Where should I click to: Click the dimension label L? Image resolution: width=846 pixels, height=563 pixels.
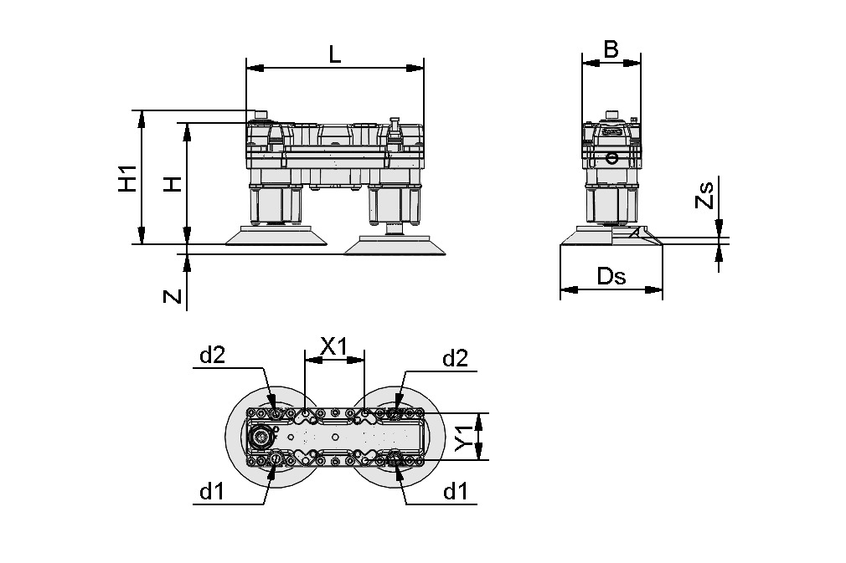(x=334, y=54)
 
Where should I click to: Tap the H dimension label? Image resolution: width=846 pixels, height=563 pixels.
(x=172, y=182)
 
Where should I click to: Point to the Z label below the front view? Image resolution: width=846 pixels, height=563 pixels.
(x=172, y=295)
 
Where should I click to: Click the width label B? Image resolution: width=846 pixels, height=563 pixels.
(x=611, y=49)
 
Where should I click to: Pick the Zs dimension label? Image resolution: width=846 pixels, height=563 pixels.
(x=706, y=195)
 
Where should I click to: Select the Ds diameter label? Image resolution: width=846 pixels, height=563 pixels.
(x=611, y=277)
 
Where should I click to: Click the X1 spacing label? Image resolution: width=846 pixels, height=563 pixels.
(x=334, y=346)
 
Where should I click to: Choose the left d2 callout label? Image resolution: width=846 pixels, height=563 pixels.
(x=212, y=356)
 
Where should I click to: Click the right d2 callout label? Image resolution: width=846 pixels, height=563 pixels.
(x=454, y=359)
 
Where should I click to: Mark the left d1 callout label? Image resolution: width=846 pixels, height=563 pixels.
(x=212, y=492)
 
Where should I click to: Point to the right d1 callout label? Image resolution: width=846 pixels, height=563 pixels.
(x=454, y=492)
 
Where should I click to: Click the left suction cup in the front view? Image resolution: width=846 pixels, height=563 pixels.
(x=276, y=238)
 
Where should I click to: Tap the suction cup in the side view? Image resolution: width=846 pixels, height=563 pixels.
(x=610, y=239)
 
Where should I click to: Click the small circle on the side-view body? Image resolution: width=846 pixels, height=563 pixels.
(x=612, y=157)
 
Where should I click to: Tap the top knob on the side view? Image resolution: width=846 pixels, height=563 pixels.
(x=612, y=115)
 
